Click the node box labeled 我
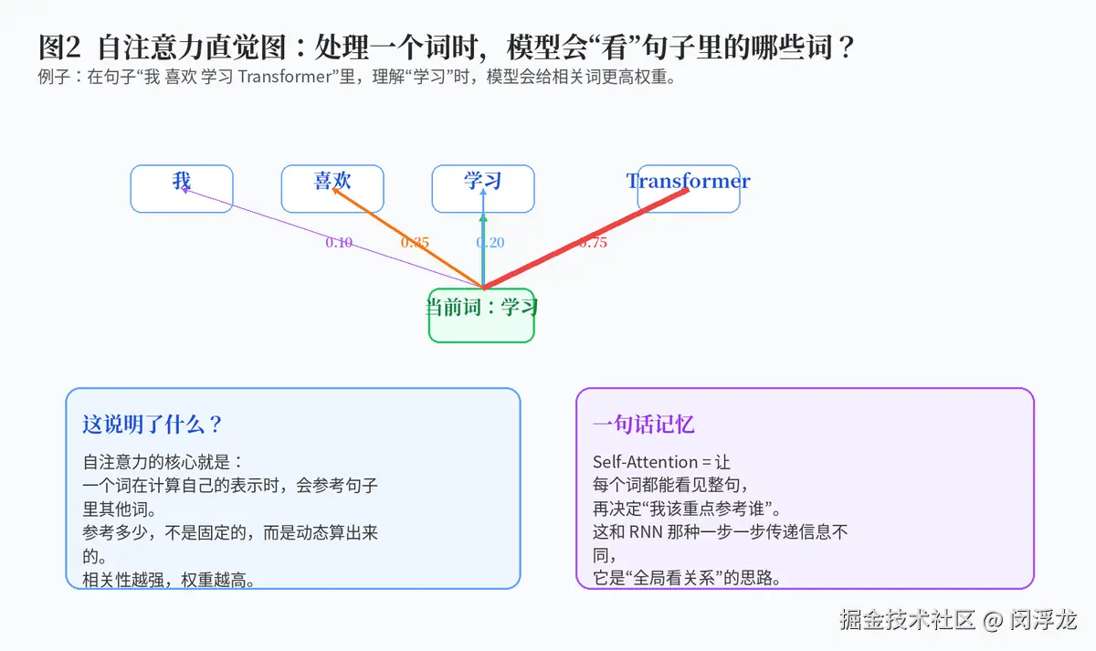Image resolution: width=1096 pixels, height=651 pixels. [x=182, y=189]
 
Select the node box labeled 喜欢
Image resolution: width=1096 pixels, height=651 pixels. [x=332, y=189]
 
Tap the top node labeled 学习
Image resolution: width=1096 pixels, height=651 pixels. [x=483, y=189]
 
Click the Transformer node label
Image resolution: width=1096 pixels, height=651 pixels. [x=688, y=181]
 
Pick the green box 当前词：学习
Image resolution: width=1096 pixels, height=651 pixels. [x=481, y=316]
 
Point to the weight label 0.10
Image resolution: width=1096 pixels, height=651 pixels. [x=339, y=242]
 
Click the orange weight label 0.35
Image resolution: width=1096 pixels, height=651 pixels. [x=415, y=242]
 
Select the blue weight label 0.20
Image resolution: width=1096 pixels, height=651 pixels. [x=490, y=242]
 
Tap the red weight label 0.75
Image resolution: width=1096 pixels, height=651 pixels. [x=593, y=242]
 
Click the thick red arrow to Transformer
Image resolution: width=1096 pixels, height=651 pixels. [x=585, y=238]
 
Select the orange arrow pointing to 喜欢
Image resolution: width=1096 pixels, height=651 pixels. [x=407, y=238]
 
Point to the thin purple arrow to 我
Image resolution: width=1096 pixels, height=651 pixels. [x=332, y=238]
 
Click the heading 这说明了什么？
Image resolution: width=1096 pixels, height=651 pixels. [x=153, y=424]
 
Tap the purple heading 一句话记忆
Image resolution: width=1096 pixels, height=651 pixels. [x=643, y=424]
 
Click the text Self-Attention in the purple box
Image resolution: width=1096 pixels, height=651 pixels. [x=645, y=462]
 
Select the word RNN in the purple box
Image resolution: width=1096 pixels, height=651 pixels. [x=646, y=532]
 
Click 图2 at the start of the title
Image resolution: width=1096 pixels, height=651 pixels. [x=59, y=47]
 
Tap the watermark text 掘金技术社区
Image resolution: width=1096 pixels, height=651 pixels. [x=907, y=620]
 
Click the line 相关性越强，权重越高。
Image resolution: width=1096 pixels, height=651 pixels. [x=169, y=580]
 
